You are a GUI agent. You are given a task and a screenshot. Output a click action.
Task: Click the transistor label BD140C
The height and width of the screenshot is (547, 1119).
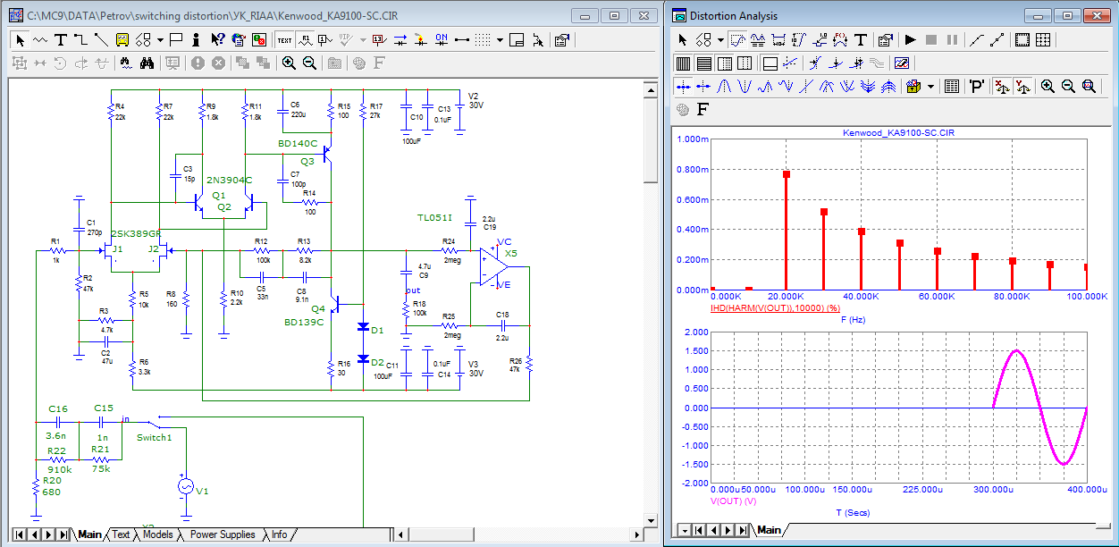pos(297,143)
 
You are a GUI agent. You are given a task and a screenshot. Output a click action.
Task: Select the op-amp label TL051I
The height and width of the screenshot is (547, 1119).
pos(434,218)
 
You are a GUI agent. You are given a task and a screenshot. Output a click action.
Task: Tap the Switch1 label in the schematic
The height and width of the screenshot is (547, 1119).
pos(154,437)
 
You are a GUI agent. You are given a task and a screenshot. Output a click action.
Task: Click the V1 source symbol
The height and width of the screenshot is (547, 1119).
pos(185,486)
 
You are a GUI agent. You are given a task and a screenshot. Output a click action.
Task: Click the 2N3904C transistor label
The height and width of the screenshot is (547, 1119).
pos(230,181)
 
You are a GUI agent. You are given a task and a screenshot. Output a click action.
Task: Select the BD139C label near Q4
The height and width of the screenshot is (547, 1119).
pos(304,322)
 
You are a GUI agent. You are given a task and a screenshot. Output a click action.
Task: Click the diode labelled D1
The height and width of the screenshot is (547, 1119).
pos(364,328)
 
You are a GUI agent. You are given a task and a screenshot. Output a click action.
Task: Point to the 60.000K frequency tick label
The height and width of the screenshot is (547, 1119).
pos(938,297)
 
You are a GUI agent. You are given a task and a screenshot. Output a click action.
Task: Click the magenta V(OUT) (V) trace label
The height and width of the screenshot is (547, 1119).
pos(733,501)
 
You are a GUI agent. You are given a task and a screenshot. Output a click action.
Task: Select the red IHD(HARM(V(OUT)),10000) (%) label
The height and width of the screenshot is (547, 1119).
pos(769,307)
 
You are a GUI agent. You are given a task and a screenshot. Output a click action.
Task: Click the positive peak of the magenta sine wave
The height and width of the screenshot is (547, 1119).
pos(1016,350)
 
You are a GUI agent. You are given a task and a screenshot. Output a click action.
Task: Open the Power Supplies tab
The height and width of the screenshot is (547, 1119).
pos(223,534)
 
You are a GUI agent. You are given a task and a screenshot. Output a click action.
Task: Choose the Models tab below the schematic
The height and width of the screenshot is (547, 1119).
pos(157,534)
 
